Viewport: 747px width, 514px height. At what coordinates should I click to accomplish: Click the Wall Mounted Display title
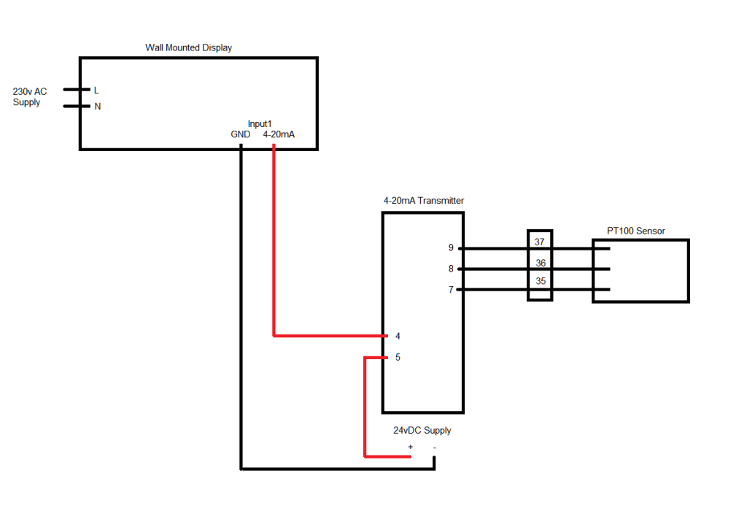click(188, 47)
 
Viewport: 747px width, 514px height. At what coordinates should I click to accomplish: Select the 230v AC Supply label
click(30, 97)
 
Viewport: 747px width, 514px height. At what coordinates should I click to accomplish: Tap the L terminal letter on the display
click(96, 90)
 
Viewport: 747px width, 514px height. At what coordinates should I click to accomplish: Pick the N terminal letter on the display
click(96, 106)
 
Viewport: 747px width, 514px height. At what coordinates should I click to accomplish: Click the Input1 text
click(260, 124)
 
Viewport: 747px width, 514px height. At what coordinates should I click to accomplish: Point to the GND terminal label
click(241, 134)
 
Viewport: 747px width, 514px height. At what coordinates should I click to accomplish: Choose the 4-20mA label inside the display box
click(279, 134)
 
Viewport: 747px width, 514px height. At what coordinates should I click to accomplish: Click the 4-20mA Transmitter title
click(423, 201)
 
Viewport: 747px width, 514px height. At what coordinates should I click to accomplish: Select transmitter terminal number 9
click(451, 248)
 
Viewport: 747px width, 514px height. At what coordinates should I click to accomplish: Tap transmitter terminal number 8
click(451, 269)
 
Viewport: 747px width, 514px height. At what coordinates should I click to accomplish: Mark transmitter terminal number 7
click(451, 290)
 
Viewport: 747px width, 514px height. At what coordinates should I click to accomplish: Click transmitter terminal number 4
click(398, 337)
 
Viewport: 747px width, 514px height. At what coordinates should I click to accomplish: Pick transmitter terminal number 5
click(398, 358)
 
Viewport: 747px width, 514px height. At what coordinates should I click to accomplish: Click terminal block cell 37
click(540, 242)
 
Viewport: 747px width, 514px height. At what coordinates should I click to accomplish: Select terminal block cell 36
click(540, 263)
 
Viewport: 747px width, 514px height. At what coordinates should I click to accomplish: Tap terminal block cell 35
click(540, 281)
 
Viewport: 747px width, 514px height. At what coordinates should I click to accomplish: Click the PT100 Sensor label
click(636, 231)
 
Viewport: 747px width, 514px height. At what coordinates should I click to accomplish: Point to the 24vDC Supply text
click(422, 431)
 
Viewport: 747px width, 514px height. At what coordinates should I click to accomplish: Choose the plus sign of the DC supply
click(410, 447)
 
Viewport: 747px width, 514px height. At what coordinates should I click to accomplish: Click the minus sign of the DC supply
click(435, 447)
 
